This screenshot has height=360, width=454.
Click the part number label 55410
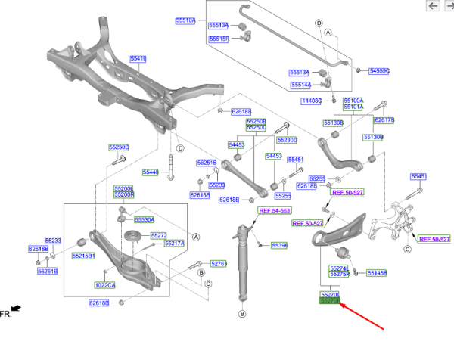(138, 58)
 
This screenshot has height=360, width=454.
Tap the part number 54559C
(378, 70)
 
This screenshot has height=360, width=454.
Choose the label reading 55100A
(353, 100)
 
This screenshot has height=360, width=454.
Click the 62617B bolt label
(384, 119)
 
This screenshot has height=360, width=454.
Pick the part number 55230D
(287, 140)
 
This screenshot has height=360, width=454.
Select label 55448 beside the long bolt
(151, 172)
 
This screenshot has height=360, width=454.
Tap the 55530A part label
(145, 219)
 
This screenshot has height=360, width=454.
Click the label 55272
(159, 235)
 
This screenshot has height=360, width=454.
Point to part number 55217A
(175, 243)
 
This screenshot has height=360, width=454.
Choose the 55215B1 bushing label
(83, 256)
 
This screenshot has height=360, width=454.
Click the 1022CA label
(105, 285)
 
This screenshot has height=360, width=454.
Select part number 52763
(218, 263)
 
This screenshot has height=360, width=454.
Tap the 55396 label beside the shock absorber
(279, 246)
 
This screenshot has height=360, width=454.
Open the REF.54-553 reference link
(275, 210)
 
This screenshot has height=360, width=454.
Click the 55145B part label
(376, 272)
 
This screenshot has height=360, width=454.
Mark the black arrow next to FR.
(15, 309)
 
